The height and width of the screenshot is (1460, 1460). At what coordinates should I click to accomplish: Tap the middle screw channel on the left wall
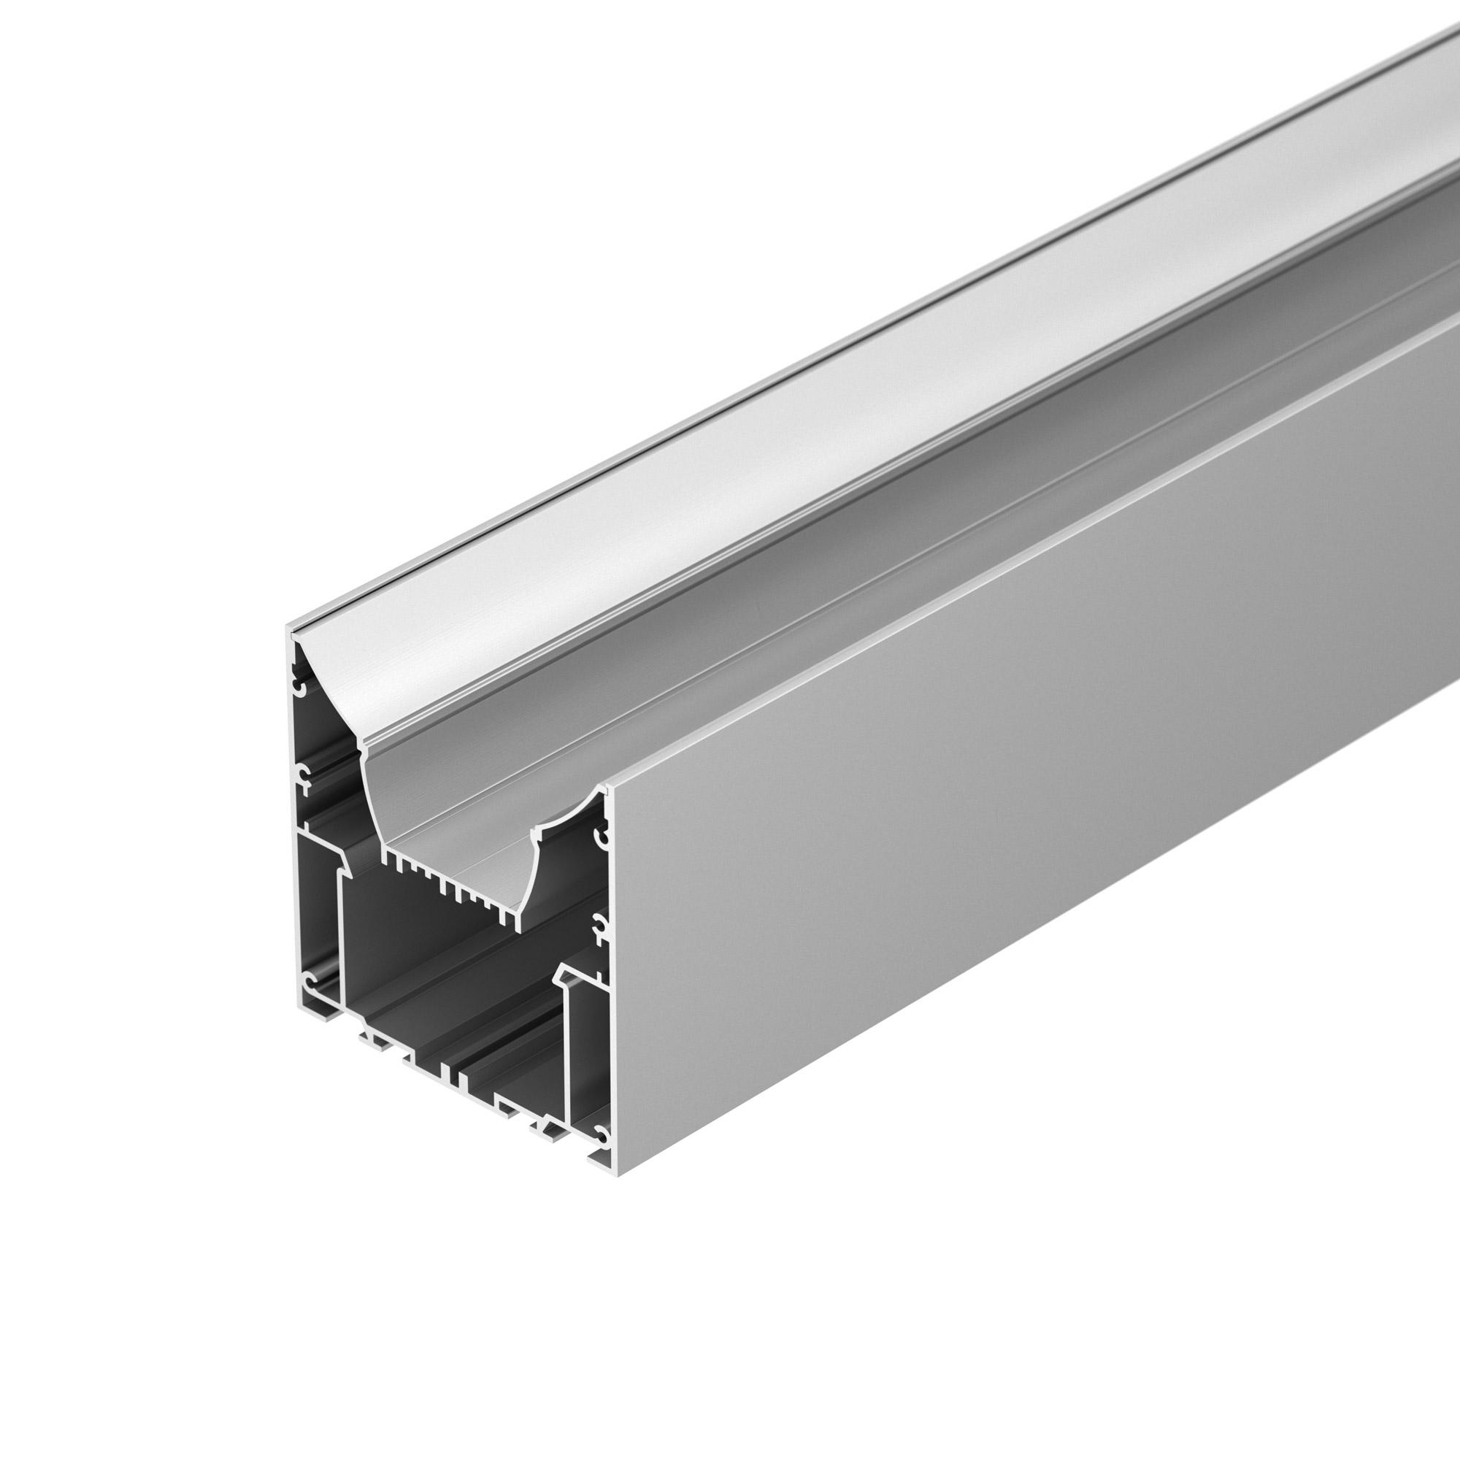coord(303,776)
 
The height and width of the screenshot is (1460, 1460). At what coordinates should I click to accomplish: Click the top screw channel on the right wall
coord(602,837)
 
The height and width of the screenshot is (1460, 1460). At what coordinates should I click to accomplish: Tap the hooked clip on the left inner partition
coord(345,861)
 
